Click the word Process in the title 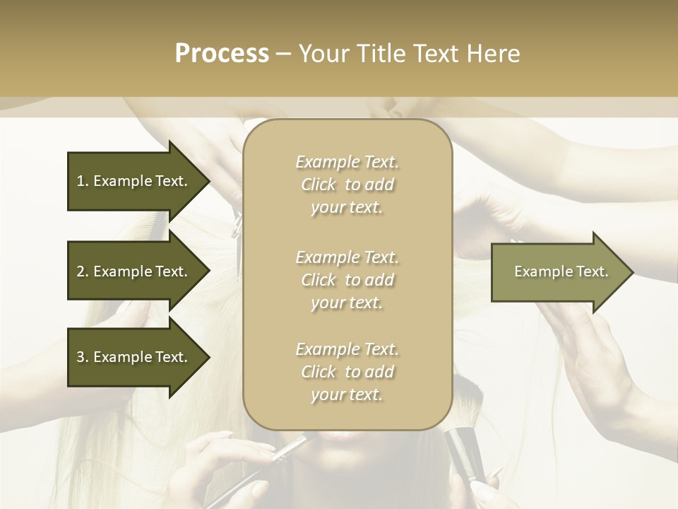[x=222, y=54]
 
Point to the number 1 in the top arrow [x=80, y=181]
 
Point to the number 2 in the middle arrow [x=81, y=271]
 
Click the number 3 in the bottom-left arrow [x=81, y=357]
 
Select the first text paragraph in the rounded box [x=347, y=185]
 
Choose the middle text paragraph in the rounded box [x=347, y=280]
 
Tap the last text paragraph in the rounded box [x=347, y=372]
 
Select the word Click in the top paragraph [x=319, y=185]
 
